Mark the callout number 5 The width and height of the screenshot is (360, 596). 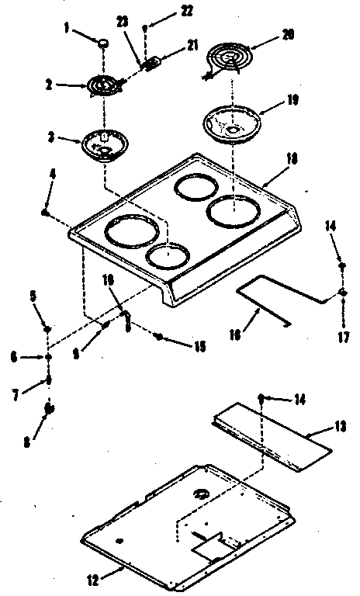(x=33, y=295)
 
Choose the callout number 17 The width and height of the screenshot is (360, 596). (x=343, y=338)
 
